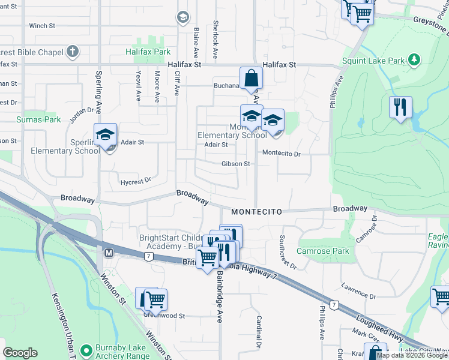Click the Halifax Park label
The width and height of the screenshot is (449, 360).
point(148,52)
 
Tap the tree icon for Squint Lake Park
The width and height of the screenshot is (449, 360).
point(414,60)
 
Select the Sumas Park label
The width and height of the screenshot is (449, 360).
point(39,119)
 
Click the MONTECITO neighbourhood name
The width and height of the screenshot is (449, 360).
point(256,211)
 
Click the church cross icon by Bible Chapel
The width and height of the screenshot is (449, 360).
point(73,52)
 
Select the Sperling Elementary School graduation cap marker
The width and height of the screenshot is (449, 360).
point(105,134)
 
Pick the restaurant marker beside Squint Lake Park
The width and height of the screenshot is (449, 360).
point(400,107)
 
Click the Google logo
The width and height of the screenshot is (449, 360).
point(20,353)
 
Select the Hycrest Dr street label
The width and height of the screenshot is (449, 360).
point(135,179)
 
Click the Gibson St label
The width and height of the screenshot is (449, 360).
point(235,163)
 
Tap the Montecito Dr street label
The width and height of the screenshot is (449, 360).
point(281,154)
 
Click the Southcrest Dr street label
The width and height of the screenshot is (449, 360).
point(288,252)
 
